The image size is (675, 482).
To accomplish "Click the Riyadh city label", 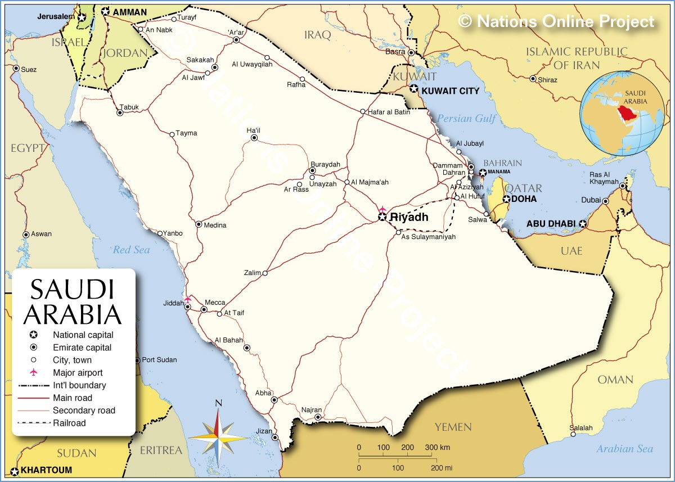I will point(409,217).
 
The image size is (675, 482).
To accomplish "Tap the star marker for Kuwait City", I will point(414,89).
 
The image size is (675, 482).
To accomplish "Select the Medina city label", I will point(215,226).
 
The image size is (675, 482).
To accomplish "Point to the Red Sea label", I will point(131,250).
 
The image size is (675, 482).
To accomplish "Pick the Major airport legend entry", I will point(78,372).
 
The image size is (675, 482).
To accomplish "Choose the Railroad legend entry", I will point(69,423).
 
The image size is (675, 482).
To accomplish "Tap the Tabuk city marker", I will point(120,112).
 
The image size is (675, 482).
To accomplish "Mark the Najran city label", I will point(311,409).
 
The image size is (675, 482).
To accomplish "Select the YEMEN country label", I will point(453,427).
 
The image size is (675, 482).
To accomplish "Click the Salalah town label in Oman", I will point(580,428).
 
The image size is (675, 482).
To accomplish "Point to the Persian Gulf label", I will point(466,119).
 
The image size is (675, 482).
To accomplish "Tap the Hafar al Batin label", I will point(389,112).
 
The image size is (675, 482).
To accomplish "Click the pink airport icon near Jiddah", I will point(188,299).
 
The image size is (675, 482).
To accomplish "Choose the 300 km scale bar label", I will point(437,447).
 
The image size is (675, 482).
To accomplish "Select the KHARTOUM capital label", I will point(47,470).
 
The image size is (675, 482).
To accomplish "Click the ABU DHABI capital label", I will point(551,224).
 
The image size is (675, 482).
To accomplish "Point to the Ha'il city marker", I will point(254,137).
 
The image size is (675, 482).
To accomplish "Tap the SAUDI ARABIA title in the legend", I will point(72,301).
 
